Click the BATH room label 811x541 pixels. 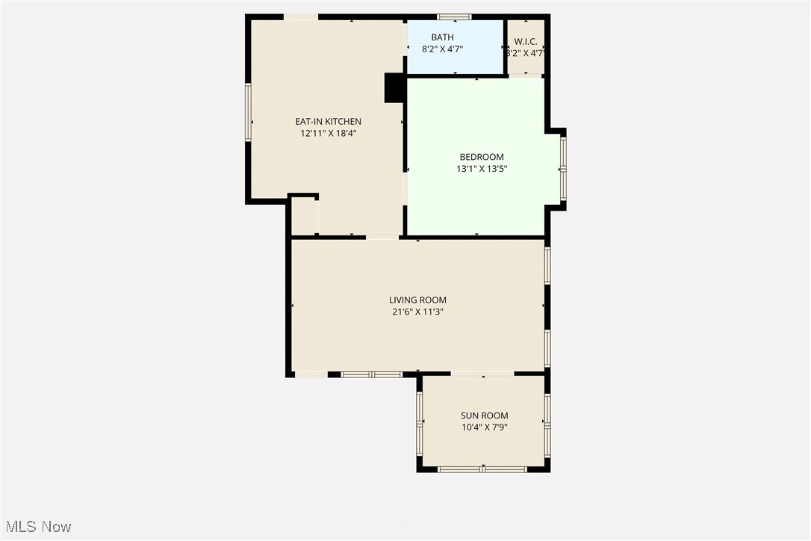[x=442, y=37]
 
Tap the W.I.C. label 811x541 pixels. [x=526, y=42]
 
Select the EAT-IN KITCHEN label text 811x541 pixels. [x=328, y=121]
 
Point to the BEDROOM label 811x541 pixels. [x=481, y=157]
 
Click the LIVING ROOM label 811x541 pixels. [x=417, y=300]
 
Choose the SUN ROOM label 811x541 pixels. [x=484, y=415]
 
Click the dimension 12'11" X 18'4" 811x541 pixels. [x=328, y=133]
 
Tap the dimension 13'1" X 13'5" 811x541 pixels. [x=482, y=169]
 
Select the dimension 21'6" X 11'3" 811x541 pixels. [x=417, y=312]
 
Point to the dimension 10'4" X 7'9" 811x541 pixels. [x=484, y=427]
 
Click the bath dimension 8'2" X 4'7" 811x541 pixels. [x=442, y=49]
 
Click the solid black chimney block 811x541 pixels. [x=394, y=87]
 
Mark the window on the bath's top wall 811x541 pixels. [x=454, y=16]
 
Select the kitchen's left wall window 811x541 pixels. [x=248, y=112]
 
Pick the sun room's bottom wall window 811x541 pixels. [x=482, y=469]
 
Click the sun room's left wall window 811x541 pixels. [x=420, y=423]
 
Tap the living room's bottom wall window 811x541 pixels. [x=372, y=374]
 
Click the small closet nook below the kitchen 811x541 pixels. [x=303, y=217]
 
